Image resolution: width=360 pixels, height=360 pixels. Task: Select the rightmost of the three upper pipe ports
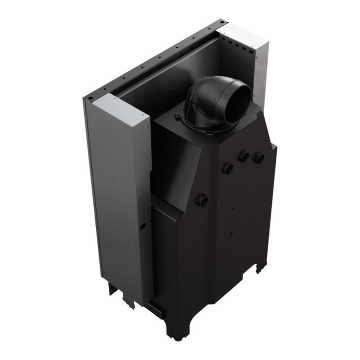click(x=259, y=159)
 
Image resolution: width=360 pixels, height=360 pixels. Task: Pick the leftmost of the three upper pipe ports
click(x=228, y=167)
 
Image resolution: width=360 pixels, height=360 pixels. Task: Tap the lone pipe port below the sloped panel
click(x=202, y=200)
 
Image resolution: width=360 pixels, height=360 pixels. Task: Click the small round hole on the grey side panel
click(x=143, y=226)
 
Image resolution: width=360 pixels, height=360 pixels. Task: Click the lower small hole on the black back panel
click(x=231, y=232)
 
